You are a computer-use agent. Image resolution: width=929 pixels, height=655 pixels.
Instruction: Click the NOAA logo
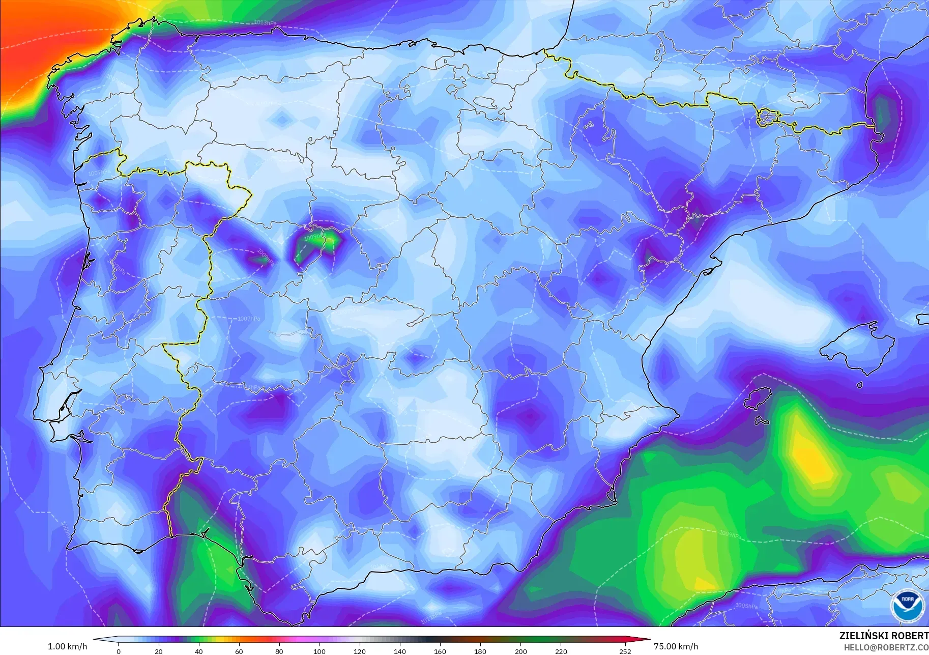pyautogui.click(x=907, y=605)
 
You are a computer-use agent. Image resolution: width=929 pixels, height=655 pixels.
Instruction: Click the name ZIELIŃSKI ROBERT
pyautogui.click(x=884, y=636)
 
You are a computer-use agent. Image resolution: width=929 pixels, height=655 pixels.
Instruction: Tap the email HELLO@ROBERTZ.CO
pyautogui.click(x=886, y=648)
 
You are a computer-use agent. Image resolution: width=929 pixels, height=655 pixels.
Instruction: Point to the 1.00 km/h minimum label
pyautogui.click(x=67, y=646)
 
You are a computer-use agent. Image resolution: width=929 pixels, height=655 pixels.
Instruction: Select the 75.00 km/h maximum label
pyautogui.click(x=676, y=646)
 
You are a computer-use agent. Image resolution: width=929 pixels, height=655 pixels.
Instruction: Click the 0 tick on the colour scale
pyautogui.click(x=119, y=651)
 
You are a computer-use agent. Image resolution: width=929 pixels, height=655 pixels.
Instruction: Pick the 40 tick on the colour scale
pyautogui.click(x=199, y=651)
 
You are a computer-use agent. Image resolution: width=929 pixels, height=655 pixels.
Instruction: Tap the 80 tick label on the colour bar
pyautogui.click(x=279, y=651)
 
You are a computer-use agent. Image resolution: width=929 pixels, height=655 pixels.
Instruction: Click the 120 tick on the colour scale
pyautogui.click(x=360, y=651)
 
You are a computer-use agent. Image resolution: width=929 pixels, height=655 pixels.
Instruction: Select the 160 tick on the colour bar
pyautogui.click(x=440, y=651)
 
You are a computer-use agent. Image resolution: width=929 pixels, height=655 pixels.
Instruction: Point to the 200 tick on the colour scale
pyautogui.click(x=520, y=651)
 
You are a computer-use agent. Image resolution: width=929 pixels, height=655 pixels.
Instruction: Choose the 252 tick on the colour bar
pyautogui.click(x=625, y=651)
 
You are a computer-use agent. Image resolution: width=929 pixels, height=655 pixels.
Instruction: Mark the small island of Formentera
pyautogui.click(x=762, y=421)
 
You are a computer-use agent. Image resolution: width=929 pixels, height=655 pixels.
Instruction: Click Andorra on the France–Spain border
pyautogui.click(x=767, y=117)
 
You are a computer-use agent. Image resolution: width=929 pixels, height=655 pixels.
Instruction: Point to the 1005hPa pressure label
pyautogui.click(x=746, y=606)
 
